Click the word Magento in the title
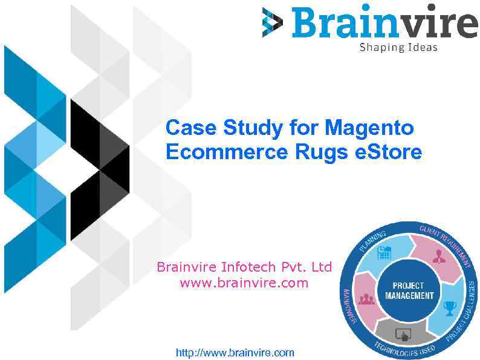[369, 128]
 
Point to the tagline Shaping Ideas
[398, 47]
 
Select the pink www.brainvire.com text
[244, 283]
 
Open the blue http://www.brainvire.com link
[235, 352]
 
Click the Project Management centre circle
[409, 290]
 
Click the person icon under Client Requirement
[438, 256]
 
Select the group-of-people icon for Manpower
[366, 298]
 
